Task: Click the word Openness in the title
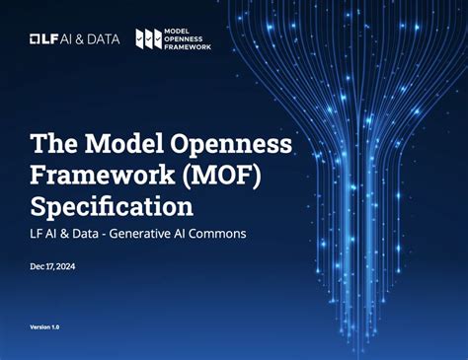coord(232,144)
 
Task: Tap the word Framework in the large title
coord(93,176)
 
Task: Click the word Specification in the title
coord(111,207)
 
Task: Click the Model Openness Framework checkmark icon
coord(149,38)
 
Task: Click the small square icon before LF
coord(35,38)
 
